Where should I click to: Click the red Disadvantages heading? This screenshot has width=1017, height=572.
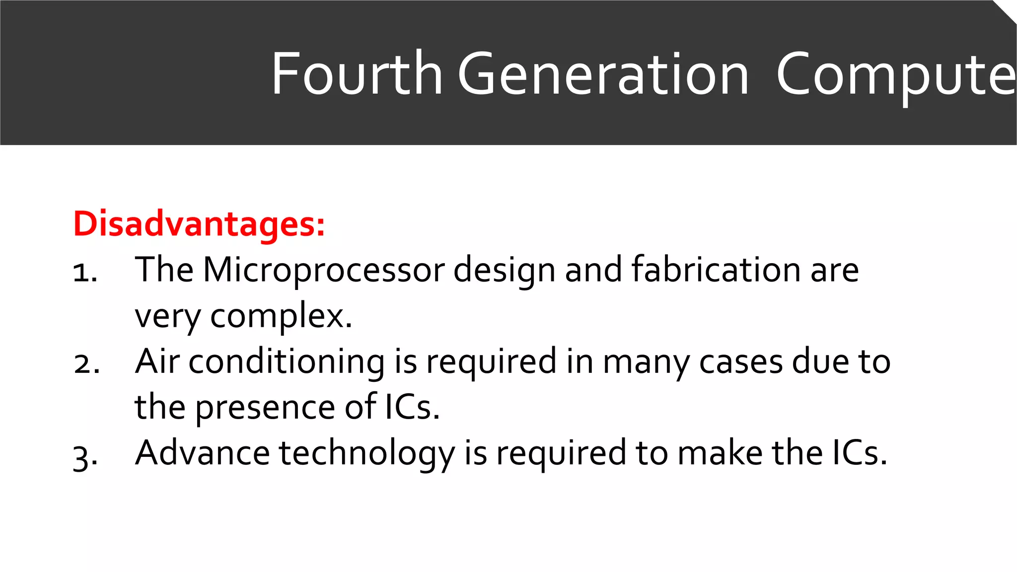pyautogui.click(x=199, y=224)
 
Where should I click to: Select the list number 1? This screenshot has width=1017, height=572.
pyautogui.click(x=84, y=273)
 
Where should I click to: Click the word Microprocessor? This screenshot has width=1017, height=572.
pyautogui.click(x=324, y=271)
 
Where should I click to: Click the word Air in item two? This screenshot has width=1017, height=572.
pyautogui.click(x=157, y=361)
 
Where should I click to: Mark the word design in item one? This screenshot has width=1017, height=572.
pyautogui.click(x=504, y=271)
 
